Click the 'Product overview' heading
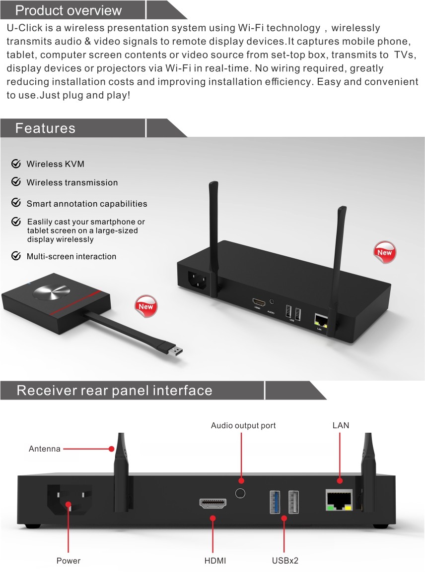point(69,10)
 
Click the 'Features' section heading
point(45,128)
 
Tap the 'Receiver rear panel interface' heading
point(114,391)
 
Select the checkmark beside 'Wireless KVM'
point(16,164)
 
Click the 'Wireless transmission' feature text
point(72,182)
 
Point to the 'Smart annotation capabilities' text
point(87,204)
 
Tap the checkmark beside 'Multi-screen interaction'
point(16,256)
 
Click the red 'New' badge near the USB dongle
point(146,306)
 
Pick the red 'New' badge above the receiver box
point(385,252)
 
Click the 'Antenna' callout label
point(45,449)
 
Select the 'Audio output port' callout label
point(243,426)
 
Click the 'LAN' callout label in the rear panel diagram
point(341,426)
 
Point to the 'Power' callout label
point(69,561)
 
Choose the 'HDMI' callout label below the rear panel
point(215,561)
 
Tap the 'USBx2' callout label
point(285,561)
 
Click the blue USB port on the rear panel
point(275,502)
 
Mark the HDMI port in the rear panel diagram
point(213,504)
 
